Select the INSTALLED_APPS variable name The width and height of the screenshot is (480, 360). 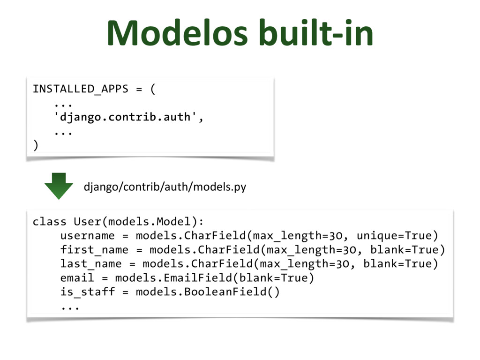(x=80, y=89)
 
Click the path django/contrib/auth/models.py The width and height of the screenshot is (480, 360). (x=165, y=187)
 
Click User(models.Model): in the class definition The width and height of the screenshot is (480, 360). (x=139, y=221)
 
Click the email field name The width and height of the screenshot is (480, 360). (x=77, y=278)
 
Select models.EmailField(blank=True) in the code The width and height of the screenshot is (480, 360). (x=214, y=278)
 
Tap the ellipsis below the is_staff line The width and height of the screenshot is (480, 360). (x=70, y=307)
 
